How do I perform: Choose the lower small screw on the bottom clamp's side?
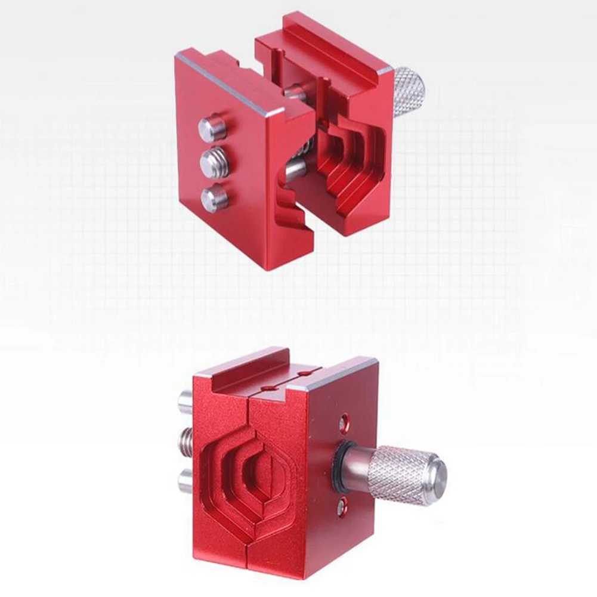(341, 507)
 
